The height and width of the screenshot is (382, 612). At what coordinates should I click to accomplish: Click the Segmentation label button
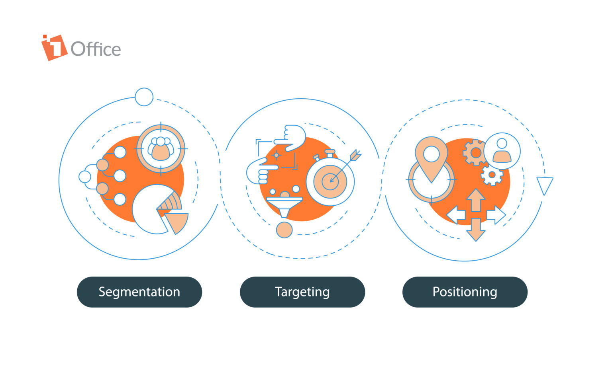pyautogui.click(x=139, y=292)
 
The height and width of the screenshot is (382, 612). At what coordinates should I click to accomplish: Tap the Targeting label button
pyautogui.click(x=302, y=292)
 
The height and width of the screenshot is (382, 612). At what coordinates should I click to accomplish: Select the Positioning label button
pyautogui.click(x=465, y=292)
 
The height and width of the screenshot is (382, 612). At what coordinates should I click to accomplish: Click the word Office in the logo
pyautogui.click(x=96, y=49)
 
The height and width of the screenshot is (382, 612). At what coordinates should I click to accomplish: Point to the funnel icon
pyautogui.click(x=284, y=205)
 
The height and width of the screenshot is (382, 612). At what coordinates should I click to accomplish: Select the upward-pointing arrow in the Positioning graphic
pyautogui.click(x=476, y=199)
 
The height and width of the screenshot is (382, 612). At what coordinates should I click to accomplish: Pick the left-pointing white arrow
pyautogui.click(x=456, y=215)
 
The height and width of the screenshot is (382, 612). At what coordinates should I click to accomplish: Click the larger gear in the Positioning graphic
pyautogui.click(x=475, y=152)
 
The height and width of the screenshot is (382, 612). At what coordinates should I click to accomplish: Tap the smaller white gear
pyautogui.click(x=492, y=175)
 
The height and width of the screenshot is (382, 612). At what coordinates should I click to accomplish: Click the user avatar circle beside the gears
pyautogui.click(x=502, y=151)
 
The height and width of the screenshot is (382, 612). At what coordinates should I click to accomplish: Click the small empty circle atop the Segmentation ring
pyautogui.click(x=144, y=97)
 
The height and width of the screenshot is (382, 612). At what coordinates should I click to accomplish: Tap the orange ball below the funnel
pyautogui.click(x=284, y=230)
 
